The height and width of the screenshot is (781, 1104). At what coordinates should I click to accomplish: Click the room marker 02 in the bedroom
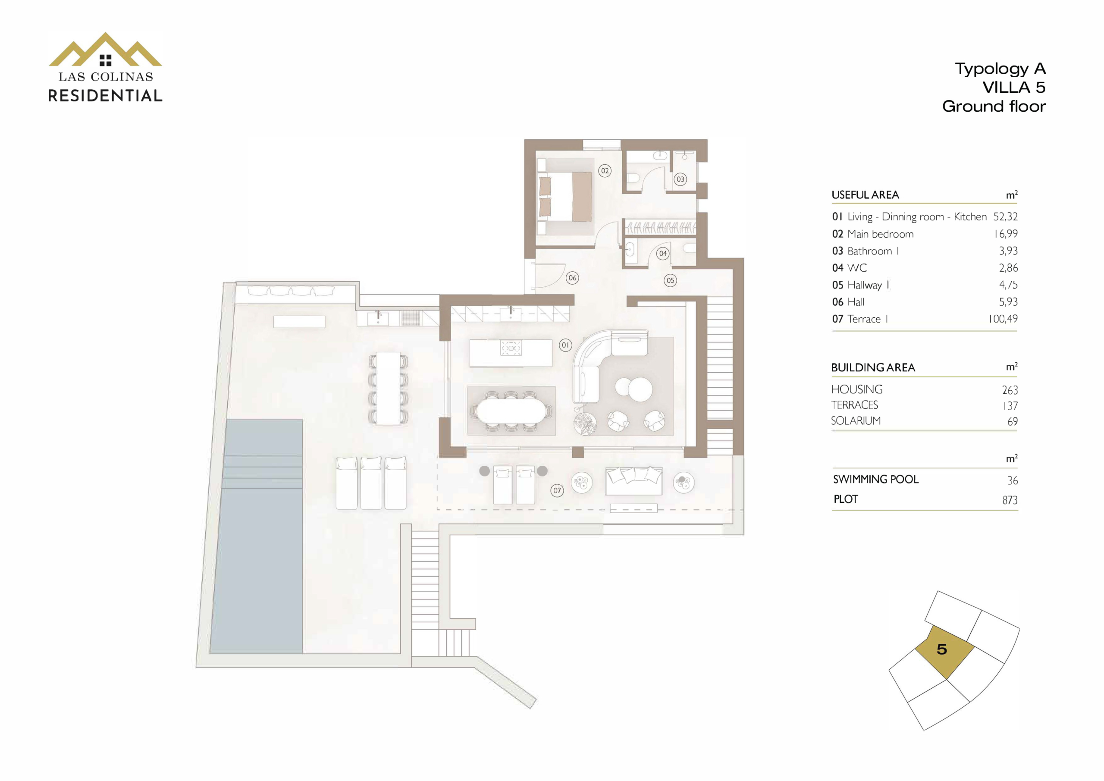click(x=605, y=171)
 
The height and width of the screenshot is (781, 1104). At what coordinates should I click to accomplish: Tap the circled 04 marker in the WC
click(x=663, y=254)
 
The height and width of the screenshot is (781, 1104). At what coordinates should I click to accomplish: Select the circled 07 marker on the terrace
click(x=557, y=490)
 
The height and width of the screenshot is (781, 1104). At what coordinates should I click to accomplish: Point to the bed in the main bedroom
click(x=565, y=196)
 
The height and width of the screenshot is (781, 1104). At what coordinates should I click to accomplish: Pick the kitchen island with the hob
click(x=511, y=354)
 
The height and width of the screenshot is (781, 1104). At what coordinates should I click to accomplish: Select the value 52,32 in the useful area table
click(x=1005, y=217)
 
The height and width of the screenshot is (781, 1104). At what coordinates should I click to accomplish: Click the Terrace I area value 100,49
click(x=1003, y=319)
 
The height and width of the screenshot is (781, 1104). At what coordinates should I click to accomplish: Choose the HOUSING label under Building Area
click(x=857, y=389)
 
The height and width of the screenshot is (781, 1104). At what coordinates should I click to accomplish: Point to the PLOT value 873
click(x=1010, y=500)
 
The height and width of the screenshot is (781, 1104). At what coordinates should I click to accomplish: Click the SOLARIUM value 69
click(x=1013, y=422)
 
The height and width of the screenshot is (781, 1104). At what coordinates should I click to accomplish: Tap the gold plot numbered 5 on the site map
click(x=944, y=652)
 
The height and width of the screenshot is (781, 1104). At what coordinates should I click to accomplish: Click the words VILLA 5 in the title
click(x=1013, y=88)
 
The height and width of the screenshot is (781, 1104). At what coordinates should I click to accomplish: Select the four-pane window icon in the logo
click(x=105, y=60)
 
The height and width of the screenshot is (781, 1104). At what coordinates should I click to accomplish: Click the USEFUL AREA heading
click(x=865, y=195)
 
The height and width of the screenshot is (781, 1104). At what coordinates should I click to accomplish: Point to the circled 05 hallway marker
click(x=670, y=280)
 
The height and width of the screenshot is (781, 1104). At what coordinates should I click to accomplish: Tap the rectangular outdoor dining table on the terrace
click(x=388, y=388)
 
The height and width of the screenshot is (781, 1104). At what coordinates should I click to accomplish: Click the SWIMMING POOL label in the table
click(x=875, y=480)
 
